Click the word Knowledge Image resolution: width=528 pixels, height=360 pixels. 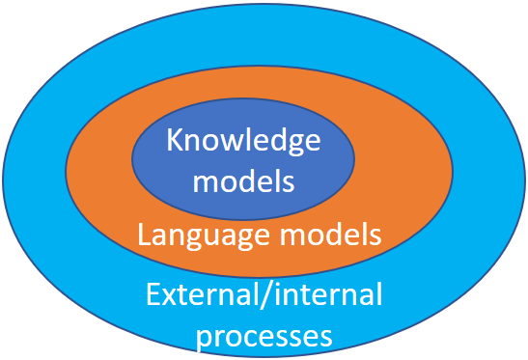click(x=243, y=141)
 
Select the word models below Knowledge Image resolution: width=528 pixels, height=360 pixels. click(x=243, y=180)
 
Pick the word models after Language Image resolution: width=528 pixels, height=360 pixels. click(x=331, y=234)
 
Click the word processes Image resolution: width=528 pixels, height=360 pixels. click(x=264, y=337)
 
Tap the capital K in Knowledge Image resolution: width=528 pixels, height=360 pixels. click(x=175, y=140)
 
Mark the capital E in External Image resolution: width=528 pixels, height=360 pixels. click(x=153, y=294)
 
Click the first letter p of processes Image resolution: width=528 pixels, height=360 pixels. click(x=204, y=339)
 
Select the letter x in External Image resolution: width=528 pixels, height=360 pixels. click(x=169, y=297)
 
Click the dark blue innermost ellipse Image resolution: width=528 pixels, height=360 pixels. click(x=243, y=159)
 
